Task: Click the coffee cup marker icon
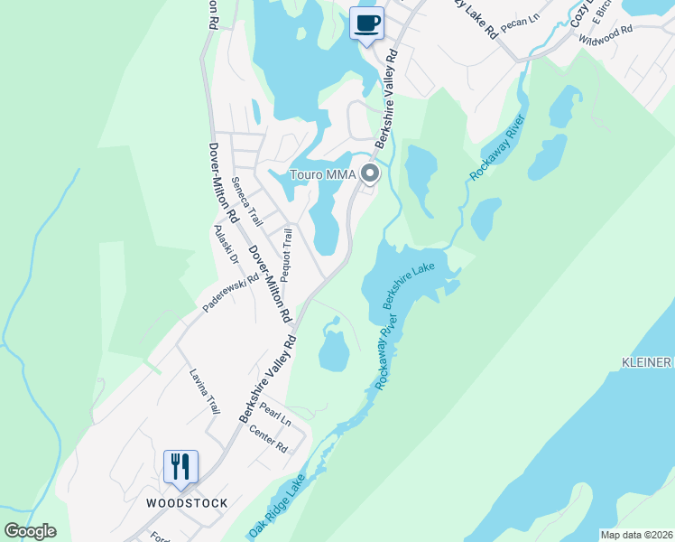(x=366, y=23)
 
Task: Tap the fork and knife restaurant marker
(x=180, y=467)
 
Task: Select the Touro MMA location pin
(x=369, y=173)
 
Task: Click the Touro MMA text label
(x=322, y=174)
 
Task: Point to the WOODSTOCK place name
(x=187, y=502)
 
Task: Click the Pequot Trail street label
(x=287, y=255)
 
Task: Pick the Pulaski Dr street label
(x=223, y=246)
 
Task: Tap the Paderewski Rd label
(x=230, y=294)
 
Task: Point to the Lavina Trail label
(x=204, y=391)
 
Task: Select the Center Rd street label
(x=268, y=440)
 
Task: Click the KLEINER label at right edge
(x=647, y=362)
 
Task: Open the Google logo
(x=30, y=531)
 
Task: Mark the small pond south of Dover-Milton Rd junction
(x=334, y=350)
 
